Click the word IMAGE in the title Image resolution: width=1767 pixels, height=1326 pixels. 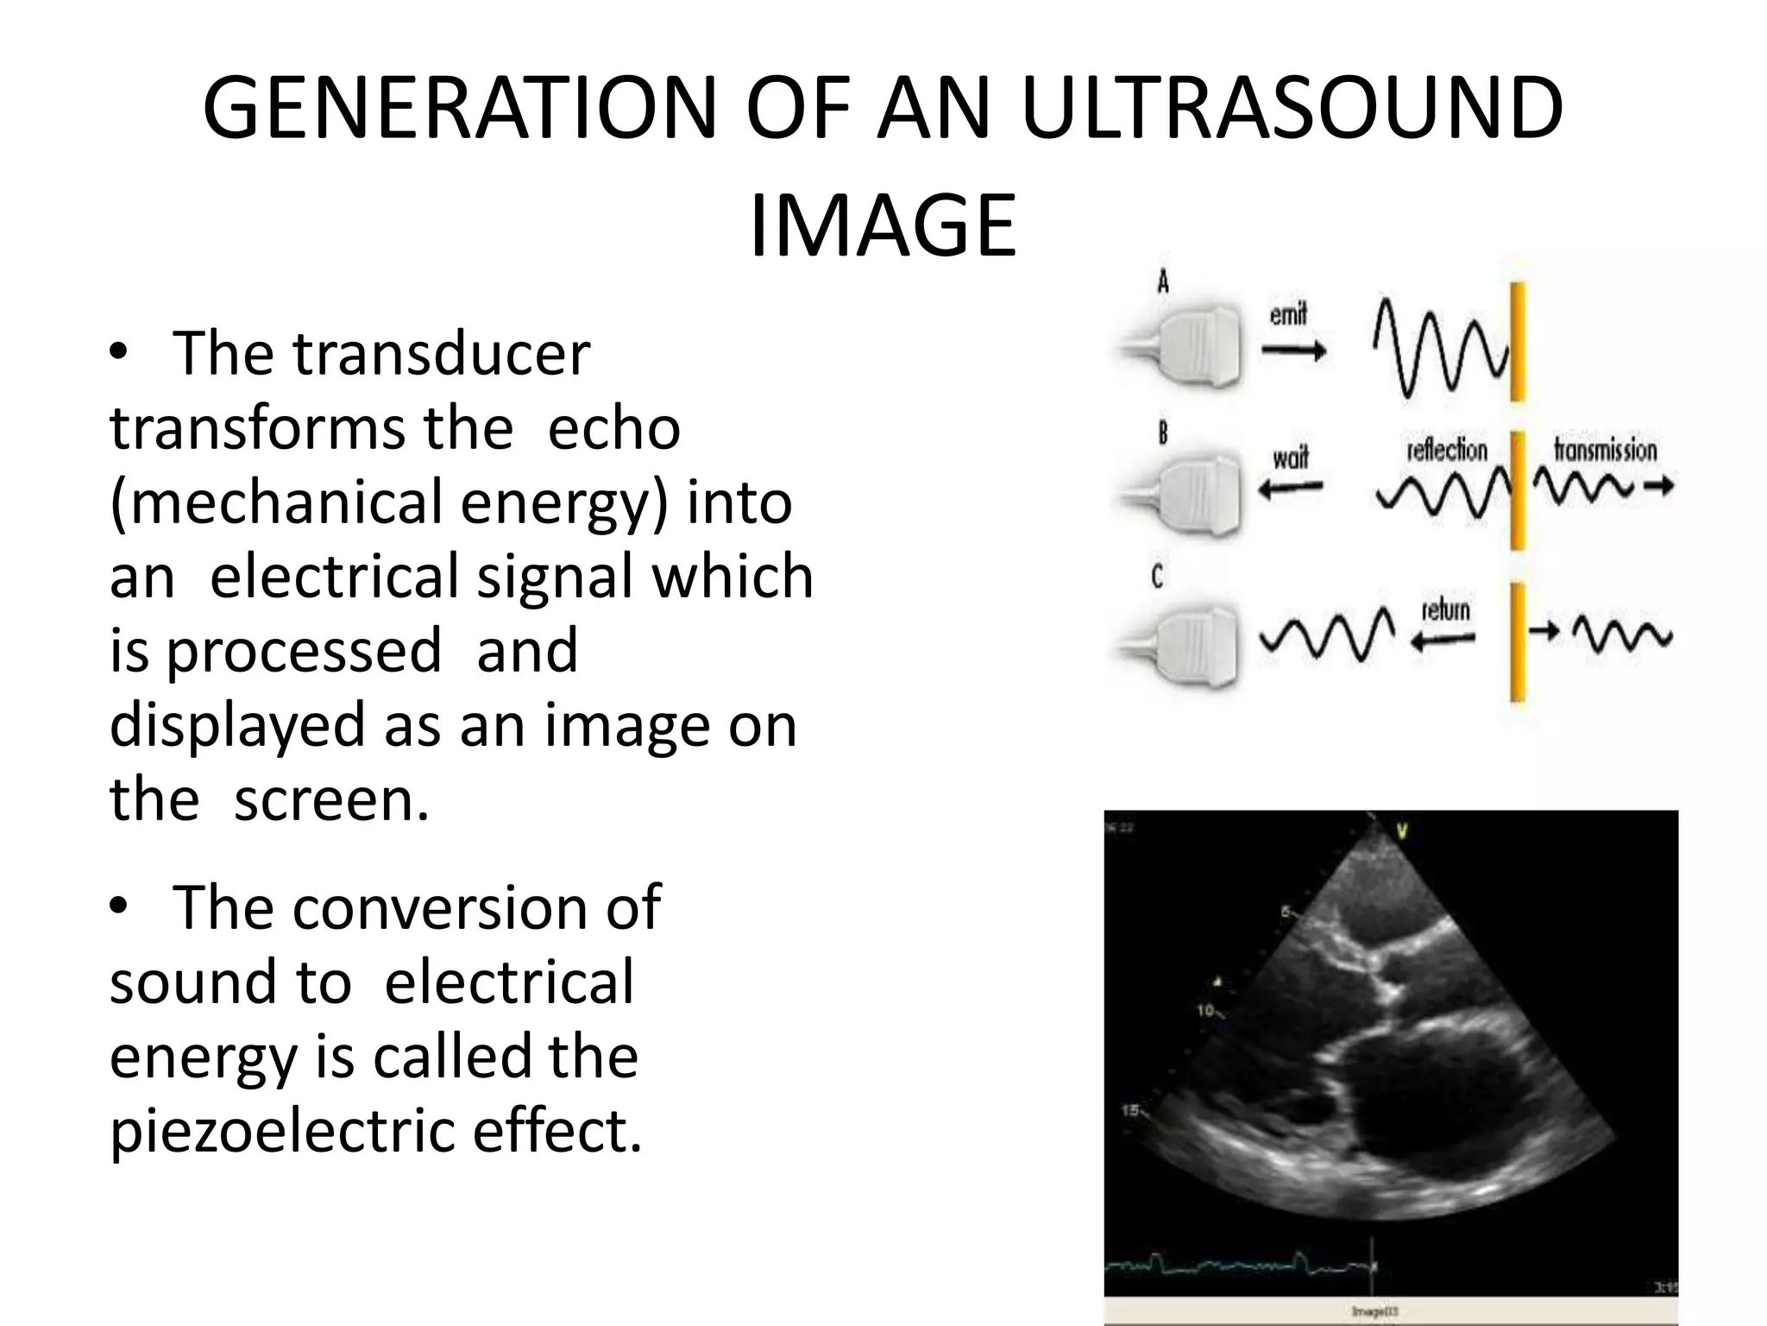883,227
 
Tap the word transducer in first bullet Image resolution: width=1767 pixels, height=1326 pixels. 441,354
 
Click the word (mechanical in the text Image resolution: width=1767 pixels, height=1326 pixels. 275,502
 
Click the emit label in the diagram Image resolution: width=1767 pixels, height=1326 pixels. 1287,315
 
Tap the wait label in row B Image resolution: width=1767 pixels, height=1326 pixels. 1290,457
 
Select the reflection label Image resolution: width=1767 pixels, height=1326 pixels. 1447,450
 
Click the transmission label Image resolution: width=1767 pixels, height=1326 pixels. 1605,450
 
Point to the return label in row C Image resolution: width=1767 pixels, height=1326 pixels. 1444,609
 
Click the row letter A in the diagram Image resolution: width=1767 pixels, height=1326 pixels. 1163,281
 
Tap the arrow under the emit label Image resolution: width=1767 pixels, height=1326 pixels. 1293,350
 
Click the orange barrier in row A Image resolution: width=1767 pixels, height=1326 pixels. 1517,343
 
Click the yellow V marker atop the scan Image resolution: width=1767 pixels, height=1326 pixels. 1402,830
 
